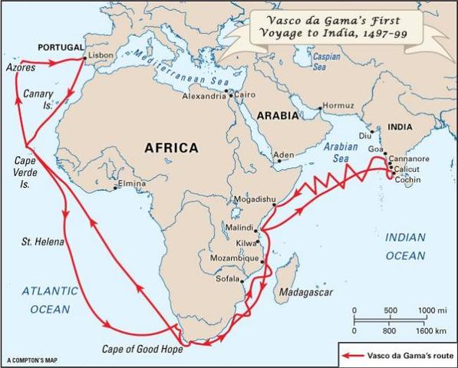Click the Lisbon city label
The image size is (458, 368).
pos(101,56)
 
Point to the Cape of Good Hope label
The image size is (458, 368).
pos(143,349)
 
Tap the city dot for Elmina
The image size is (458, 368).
pos(116,186)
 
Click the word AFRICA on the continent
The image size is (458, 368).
pos(166,147)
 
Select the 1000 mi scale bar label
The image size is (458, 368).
pos(432,309)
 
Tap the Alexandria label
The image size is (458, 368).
pos(204,97)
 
